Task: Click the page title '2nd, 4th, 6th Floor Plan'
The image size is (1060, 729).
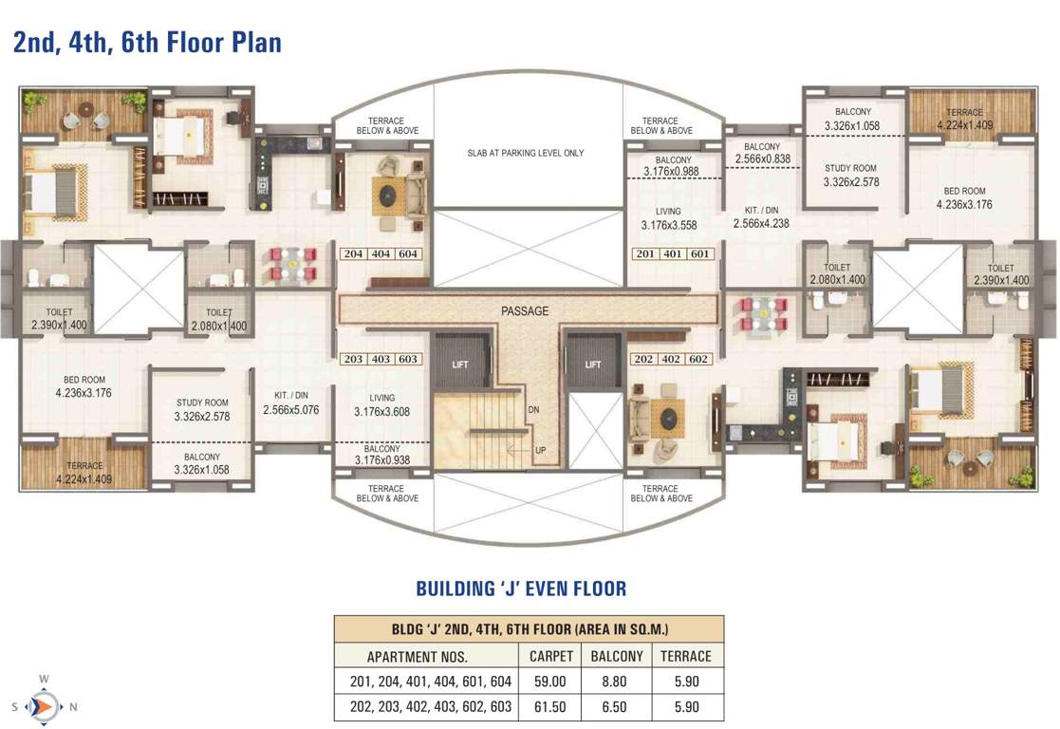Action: (147, 42)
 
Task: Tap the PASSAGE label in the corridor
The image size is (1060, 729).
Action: (525, 310)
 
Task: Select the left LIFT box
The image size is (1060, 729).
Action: (460, 363)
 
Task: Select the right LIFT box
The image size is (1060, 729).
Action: (593, 363)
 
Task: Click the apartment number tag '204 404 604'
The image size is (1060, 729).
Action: (381, 254)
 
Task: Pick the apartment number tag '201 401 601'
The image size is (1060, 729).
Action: (673, 254)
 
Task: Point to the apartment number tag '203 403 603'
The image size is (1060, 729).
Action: (381, 360)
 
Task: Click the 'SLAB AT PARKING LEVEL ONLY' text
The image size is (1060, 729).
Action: (525, 153)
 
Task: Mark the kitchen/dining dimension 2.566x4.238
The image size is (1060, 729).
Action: (761, 224)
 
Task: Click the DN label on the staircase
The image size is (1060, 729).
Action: (533, 409)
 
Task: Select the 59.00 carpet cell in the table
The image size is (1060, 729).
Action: (550, 682)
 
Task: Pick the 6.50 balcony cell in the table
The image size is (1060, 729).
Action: (617, 707)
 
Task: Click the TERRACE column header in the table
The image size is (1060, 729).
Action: (685, 656)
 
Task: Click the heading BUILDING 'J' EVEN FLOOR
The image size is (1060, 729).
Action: (521, 589)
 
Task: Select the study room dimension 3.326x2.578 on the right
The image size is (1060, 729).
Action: (849, 181)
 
